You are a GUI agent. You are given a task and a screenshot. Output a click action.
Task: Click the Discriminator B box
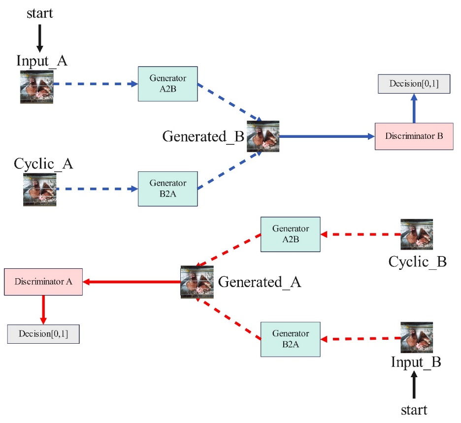click(x=413, y=136)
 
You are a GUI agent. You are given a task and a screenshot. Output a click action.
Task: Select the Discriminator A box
click(x=43, y=282)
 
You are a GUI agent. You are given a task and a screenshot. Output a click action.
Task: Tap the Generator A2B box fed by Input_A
click(x=167, y=84)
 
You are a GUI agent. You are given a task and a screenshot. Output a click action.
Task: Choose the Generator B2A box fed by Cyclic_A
click(x=167, y=189)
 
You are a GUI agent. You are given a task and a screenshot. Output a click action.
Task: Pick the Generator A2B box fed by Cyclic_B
click(x=290, y=234)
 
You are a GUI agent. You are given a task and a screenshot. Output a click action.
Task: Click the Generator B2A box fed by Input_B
click(x=290, y=339)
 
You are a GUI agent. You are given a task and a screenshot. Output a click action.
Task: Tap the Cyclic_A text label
click(x=43, y=163)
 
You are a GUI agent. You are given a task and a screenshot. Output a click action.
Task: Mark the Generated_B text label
click(x=203, y=136)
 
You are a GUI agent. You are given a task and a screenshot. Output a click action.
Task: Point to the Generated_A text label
click(x=260, y=282)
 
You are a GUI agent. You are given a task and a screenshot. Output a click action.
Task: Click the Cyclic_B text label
click(x=417, y=261)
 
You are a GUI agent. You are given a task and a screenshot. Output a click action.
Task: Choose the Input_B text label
click(x=416, y=362)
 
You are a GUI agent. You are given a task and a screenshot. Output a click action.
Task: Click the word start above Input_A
click(x=40, y=13)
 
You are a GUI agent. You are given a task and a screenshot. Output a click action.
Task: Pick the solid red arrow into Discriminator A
click(x=132, y=282)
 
